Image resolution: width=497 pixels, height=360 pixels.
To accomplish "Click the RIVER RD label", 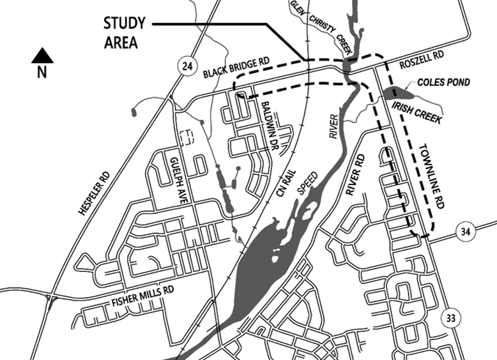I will click(353, 174).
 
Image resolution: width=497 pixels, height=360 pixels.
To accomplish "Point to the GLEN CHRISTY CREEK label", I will click(312, 22).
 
